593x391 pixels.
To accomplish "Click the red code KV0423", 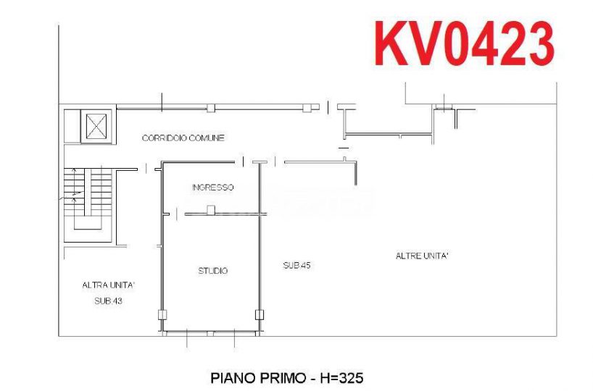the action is pos(465,43).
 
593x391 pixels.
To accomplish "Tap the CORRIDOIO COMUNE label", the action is pos(183,138).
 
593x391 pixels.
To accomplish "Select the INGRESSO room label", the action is pos(213,187).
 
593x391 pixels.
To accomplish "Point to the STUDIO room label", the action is pos(213,271).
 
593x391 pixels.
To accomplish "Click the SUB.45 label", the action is pos(297,265).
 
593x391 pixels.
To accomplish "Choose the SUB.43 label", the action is pos(108,300).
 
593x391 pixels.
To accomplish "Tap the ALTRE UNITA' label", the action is pos(422,256).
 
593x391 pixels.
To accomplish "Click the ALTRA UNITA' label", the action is pos(109,285).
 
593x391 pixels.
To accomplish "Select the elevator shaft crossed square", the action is pos(96,126).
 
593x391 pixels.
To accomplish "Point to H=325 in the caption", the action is pos(342,377).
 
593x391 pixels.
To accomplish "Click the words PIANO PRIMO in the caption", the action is pos(258,377).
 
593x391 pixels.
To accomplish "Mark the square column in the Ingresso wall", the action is pos(211,210).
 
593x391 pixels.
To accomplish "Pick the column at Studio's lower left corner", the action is pos(162,314).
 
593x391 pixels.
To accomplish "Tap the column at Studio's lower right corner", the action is pos(260,314).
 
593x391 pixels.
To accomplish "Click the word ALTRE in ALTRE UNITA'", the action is pos(406,256).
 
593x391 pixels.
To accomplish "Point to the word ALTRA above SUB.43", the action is pos(93,285).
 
